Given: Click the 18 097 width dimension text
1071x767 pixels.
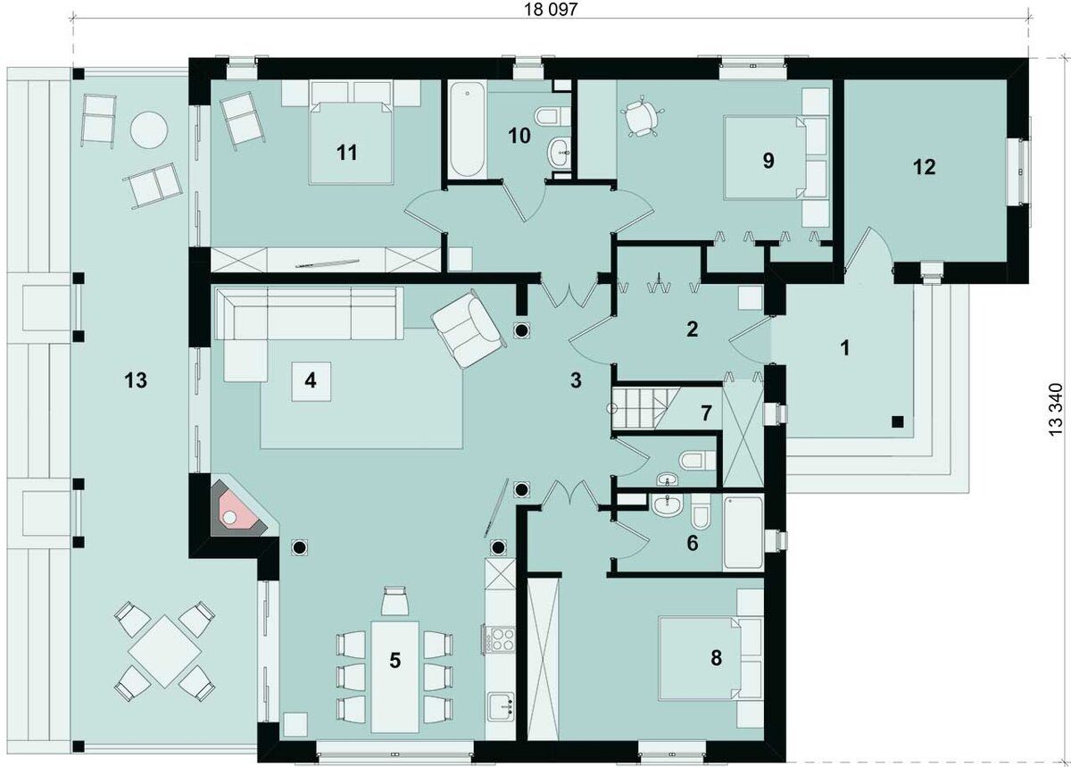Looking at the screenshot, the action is tap(551, 10).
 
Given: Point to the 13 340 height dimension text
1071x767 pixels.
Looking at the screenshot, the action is tap(1056, 410).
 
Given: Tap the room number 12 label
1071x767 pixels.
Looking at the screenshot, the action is tap(924, 167).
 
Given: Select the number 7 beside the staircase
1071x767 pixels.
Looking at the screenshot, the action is tap(706, 413).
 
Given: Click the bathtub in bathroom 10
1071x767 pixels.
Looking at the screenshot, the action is tap(467, 130).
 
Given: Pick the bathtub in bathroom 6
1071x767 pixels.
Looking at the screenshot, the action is tap(743, 533).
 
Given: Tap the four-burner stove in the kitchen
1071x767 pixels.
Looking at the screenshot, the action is tap(500, 638).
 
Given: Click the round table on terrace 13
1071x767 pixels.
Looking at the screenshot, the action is tap(149, 130).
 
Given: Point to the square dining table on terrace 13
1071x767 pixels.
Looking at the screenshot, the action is tap(164, 651).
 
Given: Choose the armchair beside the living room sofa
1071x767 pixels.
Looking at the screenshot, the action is tap(468, 329).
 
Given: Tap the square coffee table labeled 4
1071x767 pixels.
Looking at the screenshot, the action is tap(311, 381).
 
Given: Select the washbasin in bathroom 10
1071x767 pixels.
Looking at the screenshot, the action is tap(560, 152).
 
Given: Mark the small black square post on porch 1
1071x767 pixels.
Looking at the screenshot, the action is tap(898, 421).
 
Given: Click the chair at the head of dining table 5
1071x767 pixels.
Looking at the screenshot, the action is tap(394, 601).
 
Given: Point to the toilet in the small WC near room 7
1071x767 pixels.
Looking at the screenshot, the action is tap(697, 461).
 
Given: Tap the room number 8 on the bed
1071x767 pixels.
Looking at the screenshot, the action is tap(716, 658).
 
